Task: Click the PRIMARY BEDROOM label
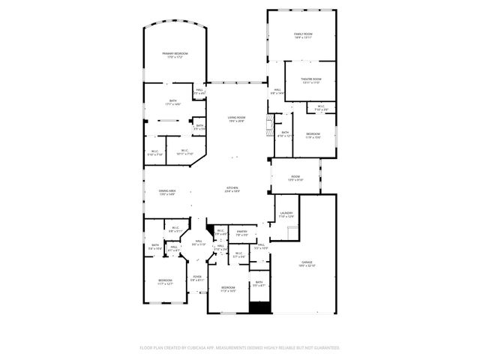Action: coord(175,55)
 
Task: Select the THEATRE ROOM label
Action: coord(311,80)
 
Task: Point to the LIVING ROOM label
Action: coord(236,118)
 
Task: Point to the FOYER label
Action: coord(197,277)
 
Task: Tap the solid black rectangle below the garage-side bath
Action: coord(259,307)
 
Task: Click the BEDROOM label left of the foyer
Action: coord(165,282)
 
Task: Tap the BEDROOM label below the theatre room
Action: coord(313,135)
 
